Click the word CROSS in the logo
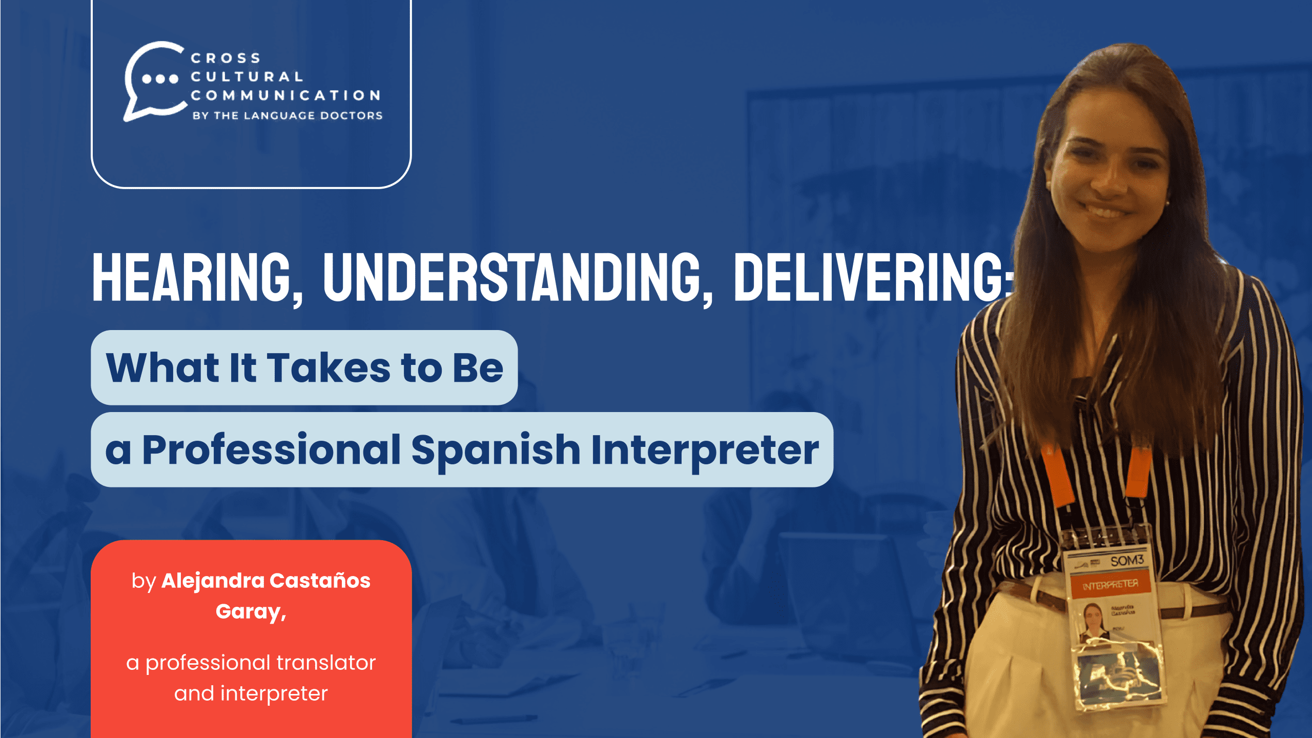(225, 58)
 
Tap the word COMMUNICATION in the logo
(285, 95)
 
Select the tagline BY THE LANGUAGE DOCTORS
(288, 116)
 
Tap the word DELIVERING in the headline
(871, 278)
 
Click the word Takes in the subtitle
(329, 367)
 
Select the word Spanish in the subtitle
(496, 450)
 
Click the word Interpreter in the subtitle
(705, 450)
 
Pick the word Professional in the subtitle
(271, 450)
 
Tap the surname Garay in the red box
(248, 611)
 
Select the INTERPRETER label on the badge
(1110, 585)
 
